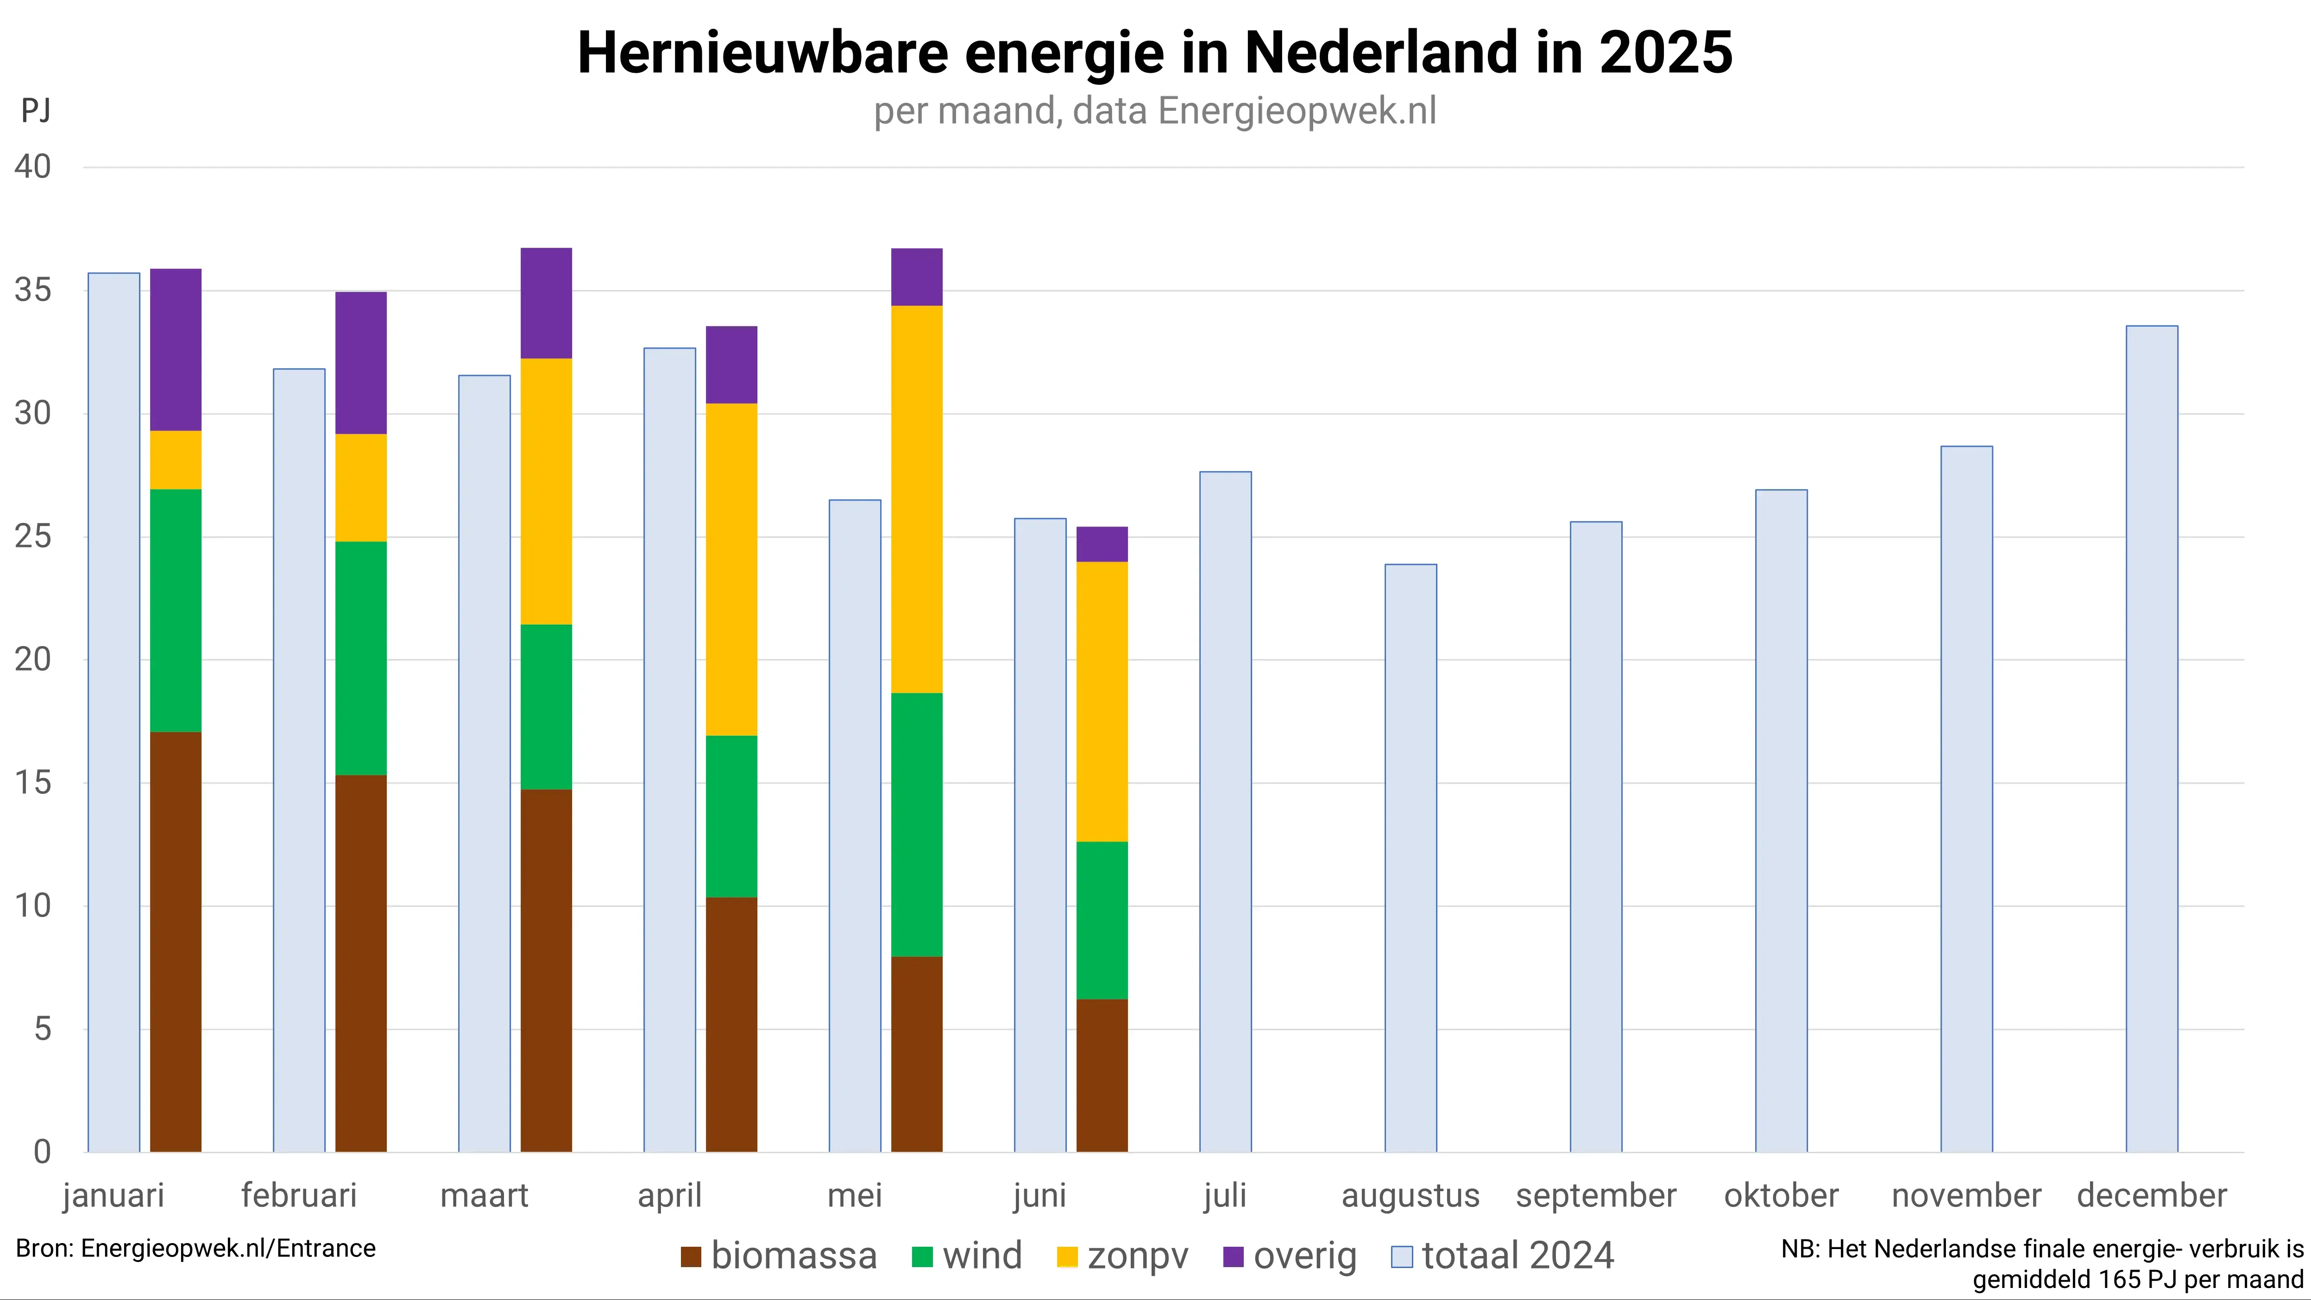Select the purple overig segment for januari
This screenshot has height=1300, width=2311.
pyautogui.click(x=176, y=350)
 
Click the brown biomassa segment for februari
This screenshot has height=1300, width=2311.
pyautogui.click(x=361, y=963)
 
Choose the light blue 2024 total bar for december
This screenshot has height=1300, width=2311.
pyautogui.click(x=2151, y=738)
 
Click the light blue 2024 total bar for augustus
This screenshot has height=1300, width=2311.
pyautogui.click(x=1411, y=858)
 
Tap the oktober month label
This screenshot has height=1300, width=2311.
pyautogui.click(x=1781, y=1195)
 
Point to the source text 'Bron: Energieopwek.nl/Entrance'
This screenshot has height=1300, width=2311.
pyautogui.click(x=195, y=1248)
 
